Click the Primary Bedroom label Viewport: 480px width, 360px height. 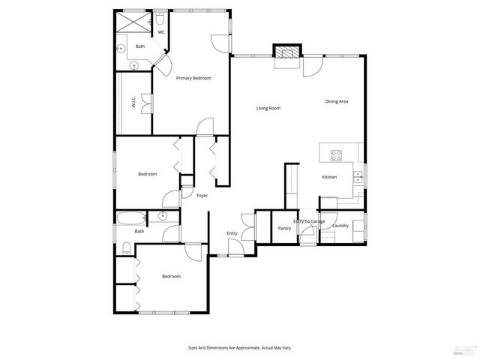[x=193, y=79]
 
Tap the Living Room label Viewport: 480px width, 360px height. [x=268, y=109]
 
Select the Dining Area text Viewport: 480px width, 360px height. [x=336, y=101]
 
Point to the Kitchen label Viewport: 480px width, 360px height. [x=329, y=178]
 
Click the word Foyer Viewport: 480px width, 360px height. [x=202, y=196]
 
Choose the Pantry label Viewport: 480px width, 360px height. [x=284, y=228]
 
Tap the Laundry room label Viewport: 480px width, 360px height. [x=340, y=226]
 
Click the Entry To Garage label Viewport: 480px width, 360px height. [x=309, y=221]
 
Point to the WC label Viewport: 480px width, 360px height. [x=160, y=32]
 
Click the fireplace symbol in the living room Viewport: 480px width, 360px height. [x=285, y=53]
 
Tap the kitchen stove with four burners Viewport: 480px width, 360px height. [x=337, y=156]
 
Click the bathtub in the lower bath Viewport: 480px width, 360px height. [x=131, y=219]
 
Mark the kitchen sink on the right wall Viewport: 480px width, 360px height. [x=358, y=178]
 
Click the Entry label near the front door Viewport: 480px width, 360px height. [x=232, y=233]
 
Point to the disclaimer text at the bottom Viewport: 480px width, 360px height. [x=239, y=348]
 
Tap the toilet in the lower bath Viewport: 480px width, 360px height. [x=126, y=249]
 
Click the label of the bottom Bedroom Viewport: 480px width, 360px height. [x=171, y=276]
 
